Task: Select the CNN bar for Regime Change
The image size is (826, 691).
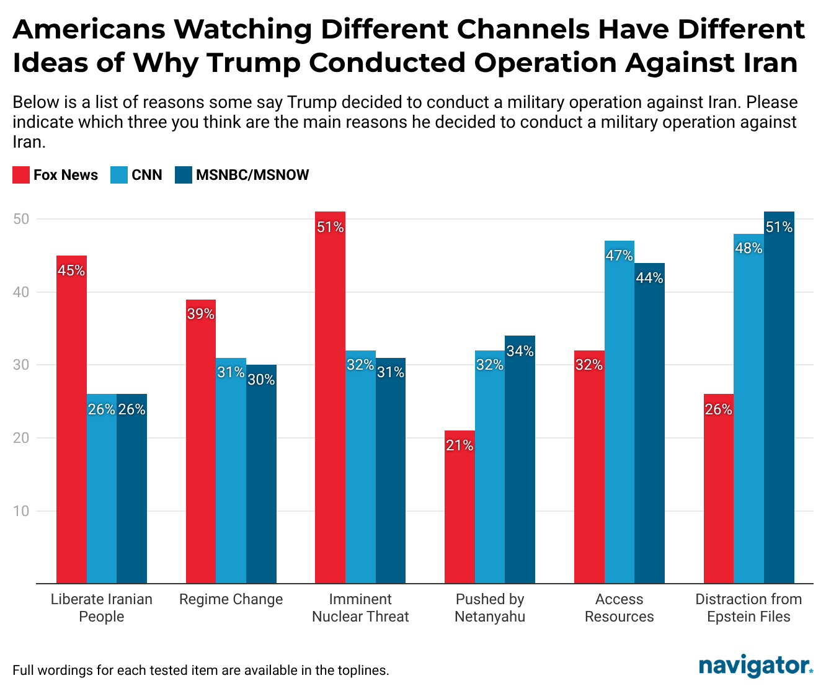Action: [231, 471]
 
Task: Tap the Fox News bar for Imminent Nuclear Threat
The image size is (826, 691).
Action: [330, 398]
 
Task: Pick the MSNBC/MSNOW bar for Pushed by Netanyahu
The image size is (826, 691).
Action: [520, 460]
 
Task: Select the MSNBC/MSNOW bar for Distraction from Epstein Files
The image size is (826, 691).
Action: [779, 398]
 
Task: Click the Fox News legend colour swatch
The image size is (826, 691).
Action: [21, 175]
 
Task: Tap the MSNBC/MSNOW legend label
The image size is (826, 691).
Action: [252, 175]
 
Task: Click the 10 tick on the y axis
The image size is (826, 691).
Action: [22, 511]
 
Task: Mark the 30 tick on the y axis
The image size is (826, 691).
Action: [22, 365]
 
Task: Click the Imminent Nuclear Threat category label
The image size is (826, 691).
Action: [360, 608]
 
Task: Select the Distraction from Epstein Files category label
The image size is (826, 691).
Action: [748, 608]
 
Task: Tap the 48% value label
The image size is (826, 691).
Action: [748, 248]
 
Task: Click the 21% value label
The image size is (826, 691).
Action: [460, 445]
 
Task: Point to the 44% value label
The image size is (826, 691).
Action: [649, 278]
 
